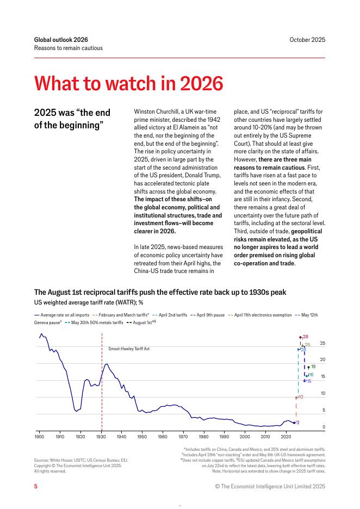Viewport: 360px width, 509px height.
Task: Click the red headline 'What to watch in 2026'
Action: click(x=128, y=84)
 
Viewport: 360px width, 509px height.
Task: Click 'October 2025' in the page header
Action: click(x=307, y=40)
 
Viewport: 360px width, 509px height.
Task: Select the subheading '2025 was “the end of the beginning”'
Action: click(x=72, y=118)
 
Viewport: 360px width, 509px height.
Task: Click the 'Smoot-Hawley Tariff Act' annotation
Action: click(x=129, y=348)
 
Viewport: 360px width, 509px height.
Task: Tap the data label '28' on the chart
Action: click(x=306, y=337)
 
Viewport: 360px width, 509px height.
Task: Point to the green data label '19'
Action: click(x=313, y=367)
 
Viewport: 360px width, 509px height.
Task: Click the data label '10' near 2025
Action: click(x=301, y=398)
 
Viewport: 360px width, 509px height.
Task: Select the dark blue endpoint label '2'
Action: click(x=298, y=422)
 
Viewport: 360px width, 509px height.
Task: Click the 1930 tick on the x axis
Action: click(x=101, y=437)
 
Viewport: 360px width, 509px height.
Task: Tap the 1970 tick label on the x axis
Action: click(x=183, y=437)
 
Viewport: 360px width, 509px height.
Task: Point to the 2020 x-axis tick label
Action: click(x=286, y=437)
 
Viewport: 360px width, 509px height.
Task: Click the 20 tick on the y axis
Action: click(x=322, y=359)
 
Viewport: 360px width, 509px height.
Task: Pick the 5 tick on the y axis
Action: click(x=324, y=410)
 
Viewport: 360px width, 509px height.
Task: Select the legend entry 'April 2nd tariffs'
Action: click(x=172, y=315)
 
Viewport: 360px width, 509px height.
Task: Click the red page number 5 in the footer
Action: click(x=36, y=487)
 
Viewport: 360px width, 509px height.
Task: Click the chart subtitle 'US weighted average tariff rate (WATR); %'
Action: click(x=89, y=302)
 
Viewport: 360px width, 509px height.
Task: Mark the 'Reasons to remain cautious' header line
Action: click(x=68, y=48)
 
